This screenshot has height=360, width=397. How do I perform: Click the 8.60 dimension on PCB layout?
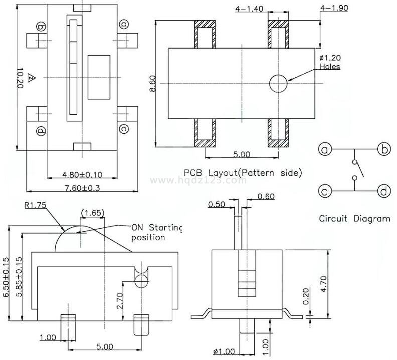(x=152, y=83)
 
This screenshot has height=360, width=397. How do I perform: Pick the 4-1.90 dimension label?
(x=334, y=8)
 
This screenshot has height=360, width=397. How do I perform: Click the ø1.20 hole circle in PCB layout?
(x=278, y=84)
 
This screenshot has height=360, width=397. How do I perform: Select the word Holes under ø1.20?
(x=330, y=66)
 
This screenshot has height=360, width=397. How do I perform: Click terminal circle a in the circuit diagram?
(x=326, y=149)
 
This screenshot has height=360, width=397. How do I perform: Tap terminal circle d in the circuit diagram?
(x=384, y=191)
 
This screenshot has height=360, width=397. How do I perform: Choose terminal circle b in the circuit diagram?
(x=384, y=149)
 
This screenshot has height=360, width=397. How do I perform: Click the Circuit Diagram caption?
(x=354, y=219)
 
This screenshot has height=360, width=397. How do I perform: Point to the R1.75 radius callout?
(x=35, y=205)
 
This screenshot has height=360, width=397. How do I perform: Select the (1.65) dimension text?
(x=93, y=213)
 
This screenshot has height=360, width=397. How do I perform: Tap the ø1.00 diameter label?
(x=223, y=352)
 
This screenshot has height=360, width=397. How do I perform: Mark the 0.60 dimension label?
(x=266, y=196)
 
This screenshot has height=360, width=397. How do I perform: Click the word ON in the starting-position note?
(x=137, y=227)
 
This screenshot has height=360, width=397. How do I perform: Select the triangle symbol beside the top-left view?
(x=31, y=78)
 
